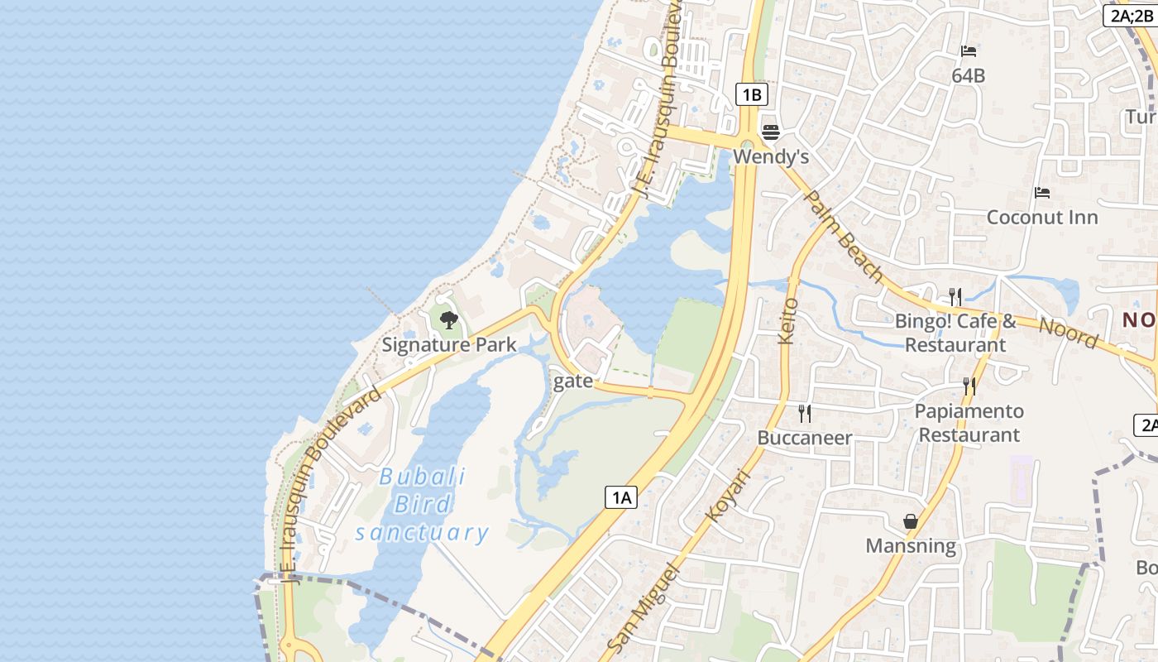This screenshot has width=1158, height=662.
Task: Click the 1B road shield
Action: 751,94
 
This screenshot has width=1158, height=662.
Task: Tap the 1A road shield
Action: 621,497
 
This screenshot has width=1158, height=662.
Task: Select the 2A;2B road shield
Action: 1131,15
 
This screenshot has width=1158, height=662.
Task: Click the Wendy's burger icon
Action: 771,132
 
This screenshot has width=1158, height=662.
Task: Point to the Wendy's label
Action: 771,156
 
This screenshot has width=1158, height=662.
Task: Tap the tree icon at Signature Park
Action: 449,319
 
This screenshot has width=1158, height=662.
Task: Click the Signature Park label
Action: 449,344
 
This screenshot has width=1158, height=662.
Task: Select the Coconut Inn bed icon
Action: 1042,193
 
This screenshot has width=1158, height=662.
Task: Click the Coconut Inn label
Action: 1042,217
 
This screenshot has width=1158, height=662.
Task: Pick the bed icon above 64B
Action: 969,51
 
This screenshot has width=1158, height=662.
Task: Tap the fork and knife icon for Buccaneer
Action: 804,413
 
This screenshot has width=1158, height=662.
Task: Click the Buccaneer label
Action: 805,438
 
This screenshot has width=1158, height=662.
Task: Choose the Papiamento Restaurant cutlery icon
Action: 969,386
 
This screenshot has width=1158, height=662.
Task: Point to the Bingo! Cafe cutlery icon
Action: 955,296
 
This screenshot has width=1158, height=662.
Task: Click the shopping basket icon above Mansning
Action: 911,521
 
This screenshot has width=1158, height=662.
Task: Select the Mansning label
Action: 911,545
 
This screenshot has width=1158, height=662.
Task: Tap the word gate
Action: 573,381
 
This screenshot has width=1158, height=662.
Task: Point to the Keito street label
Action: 787,321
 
